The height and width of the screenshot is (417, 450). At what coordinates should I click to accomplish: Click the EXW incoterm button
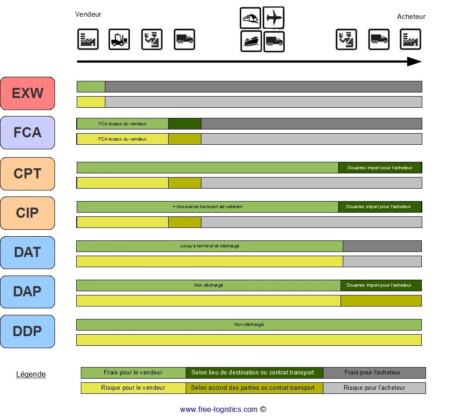click(x=28, y=93)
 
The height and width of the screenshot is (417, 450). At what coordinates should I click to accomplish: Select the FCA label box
click(x=28, y=133)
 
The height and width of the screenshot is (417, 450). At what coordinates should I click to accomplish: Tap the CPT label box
click(x=28, y=174)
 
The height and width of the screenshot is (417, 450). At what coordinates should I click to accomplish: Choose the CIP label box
click(x=28, y=213)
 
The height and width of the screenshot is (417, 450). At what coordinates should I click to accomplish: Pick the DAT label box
click(x=28, y=252)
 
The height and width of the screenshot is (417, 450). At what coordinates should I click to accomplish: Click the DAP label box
click(x=28, y=292)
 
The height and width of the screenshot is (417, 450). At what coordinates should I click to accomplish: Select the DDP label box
click(x=28, y=331)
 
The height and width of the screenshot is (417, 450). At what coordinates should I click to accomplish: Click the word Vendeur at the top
click(x=88, y=14)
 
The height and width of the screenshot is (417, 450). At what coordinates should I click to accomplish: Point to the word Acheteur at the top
click(x=411, y=17)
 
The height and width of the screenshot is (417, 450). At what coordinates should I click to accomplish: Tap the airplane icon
click(x=274, y=18)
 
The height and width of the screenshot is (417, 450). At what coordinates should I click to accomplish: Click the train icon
click(x=251, y=18)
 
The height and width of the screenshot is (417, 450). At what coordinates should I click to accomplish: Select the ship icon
click(x=251, y=41)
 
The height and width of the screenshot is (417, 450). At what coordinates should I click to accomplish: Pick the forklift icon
click(x=119, y=39)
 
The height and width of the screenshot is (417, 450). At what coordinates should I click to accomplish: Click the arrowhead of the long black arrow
click(x=414, y=61)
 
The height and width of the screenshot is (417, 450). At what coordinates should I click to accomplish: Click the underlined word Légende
click(x=31, y=374)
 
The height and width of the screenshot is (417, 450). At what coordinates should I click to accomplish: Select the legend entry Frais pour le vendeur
click(x=133, y=373)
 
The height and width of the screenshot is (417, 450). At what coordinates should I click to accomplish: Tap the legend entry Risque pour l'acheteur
click(x=374, y=388)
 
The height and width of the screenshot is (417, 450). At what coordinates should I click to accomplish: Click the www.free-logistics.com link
click(x=219, y=409)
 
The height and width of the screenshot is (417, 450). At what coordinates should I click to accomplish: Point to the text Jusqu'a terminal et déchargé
click(x=209, y=246)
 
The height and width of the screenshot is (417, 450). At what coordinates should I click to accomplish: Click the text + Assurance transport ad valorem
click(x=207, y=207)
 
